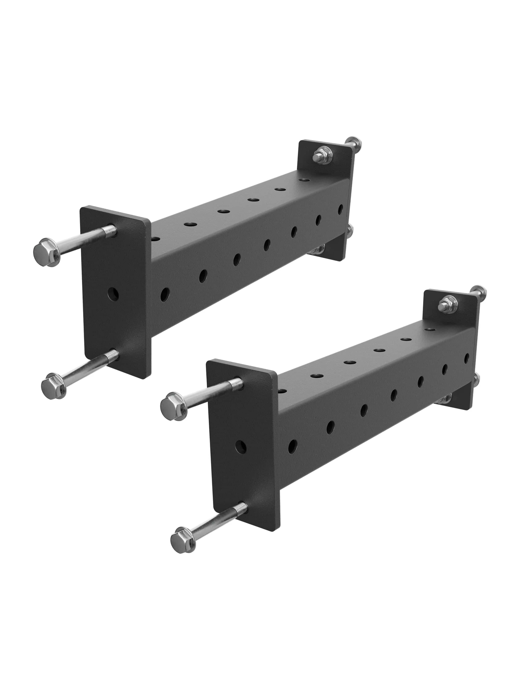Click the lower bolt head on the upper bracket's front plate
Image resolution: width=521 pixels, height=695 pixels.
pos(54,386)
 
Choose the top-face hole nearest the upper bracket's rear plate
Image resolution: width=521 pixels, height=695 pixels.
pos(303,180)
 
